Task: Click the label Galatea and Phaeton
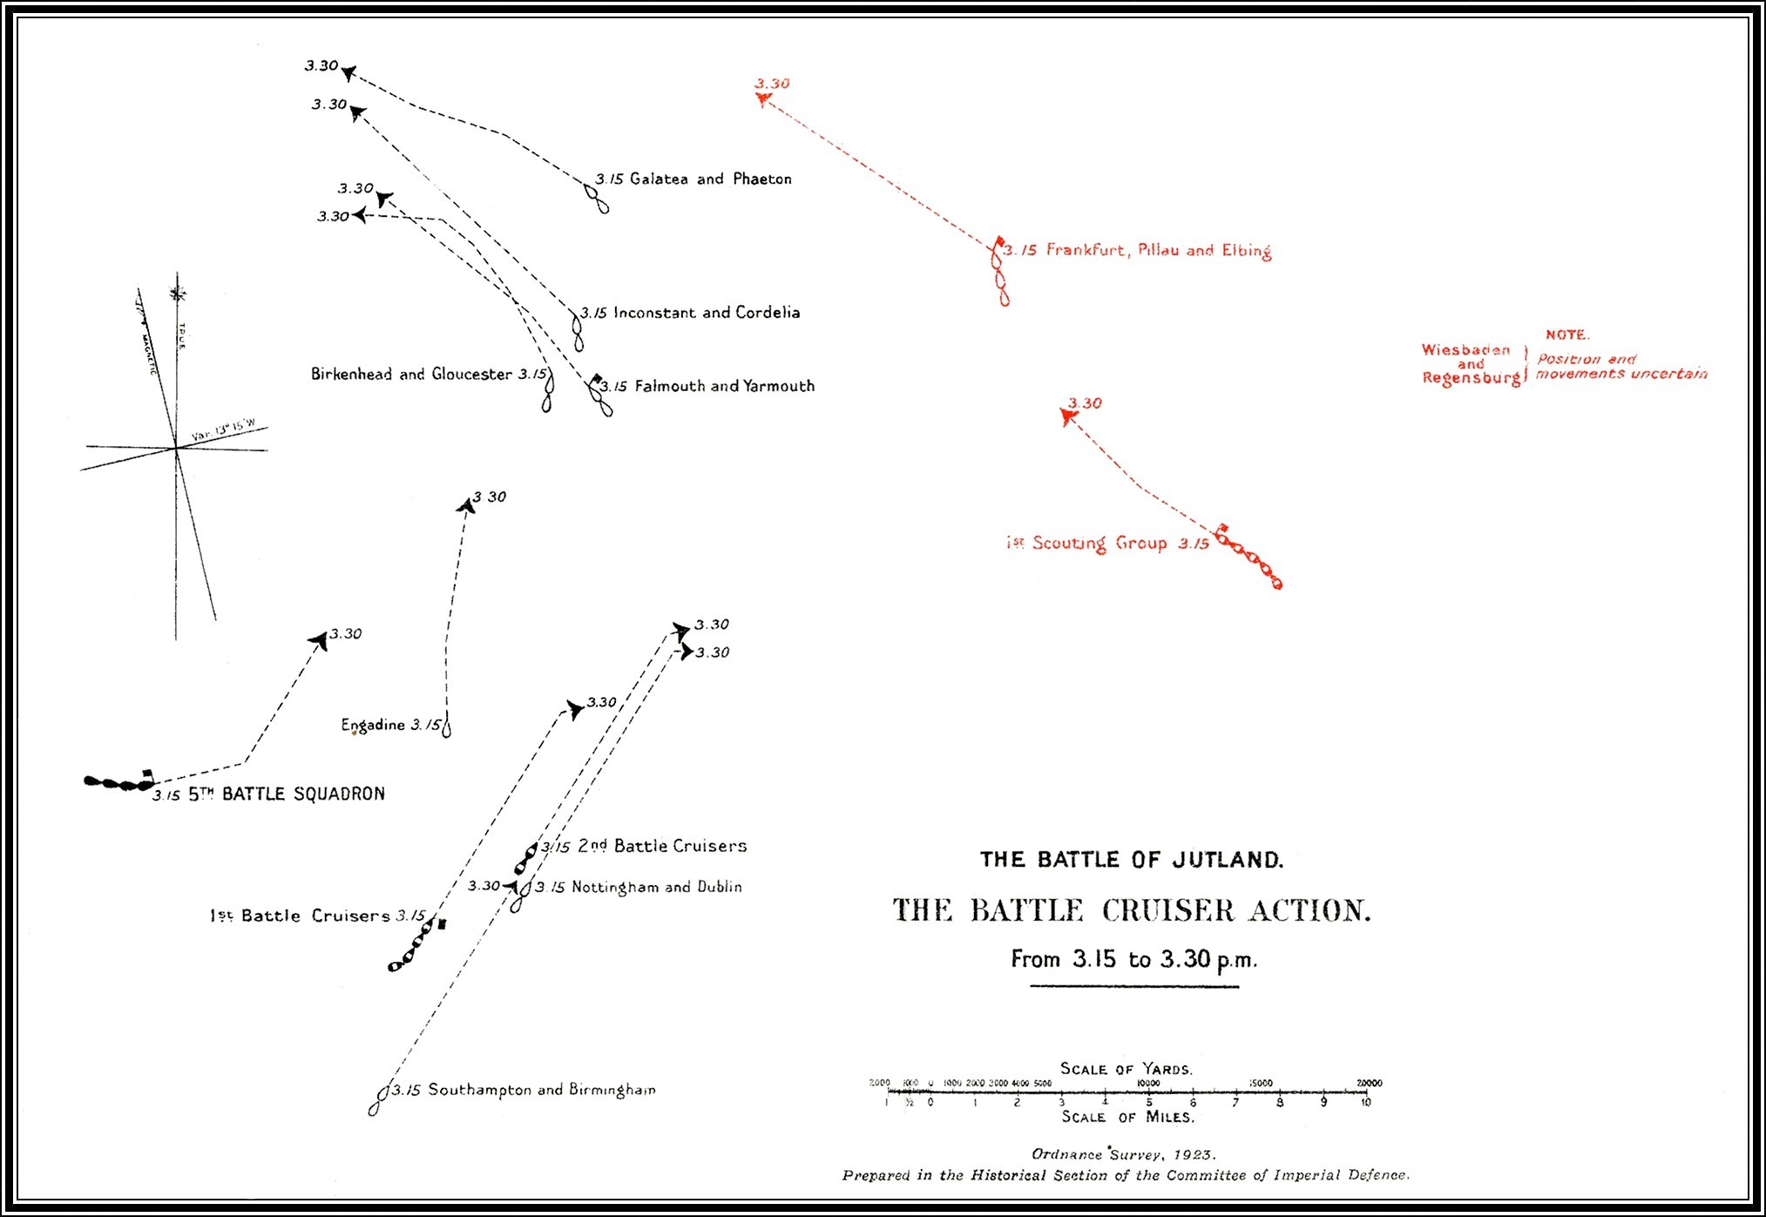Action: click(x=710, y=179)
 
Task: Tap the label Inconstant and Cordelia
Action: click(x=706, y=313)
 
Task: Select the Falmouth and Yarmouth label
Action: click(x=724, y=386)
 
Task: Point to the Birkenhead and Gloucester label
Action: click(x=411, y=375)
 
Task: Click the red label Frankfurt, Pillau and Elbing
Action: click(x=1158, y=251)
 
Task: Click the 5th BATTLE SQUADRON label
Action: click(x=287, y=794)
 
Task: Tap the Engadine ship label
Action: click(x=373, y=725)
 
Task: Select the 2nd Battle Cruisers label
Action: click(x=662, y=846)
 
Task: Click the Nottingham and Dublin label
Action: click(x=656, y=887)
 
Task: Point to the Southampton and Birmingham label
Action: click(x=541, y=1090)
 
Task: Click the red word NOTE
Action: click(x=1567, y=335)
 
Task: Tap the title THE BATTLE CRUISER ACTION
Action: click(x=1132, y=911)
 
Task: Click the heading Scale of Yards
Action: click(x=1126, y=1069)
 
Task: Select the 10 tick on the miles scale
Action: click(x=1365, y=1102)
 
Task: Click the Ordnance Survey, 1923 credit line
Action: click(x=1124, y=1154)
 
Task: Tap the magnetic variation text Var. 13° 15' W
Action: click(x=223, y=430)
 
